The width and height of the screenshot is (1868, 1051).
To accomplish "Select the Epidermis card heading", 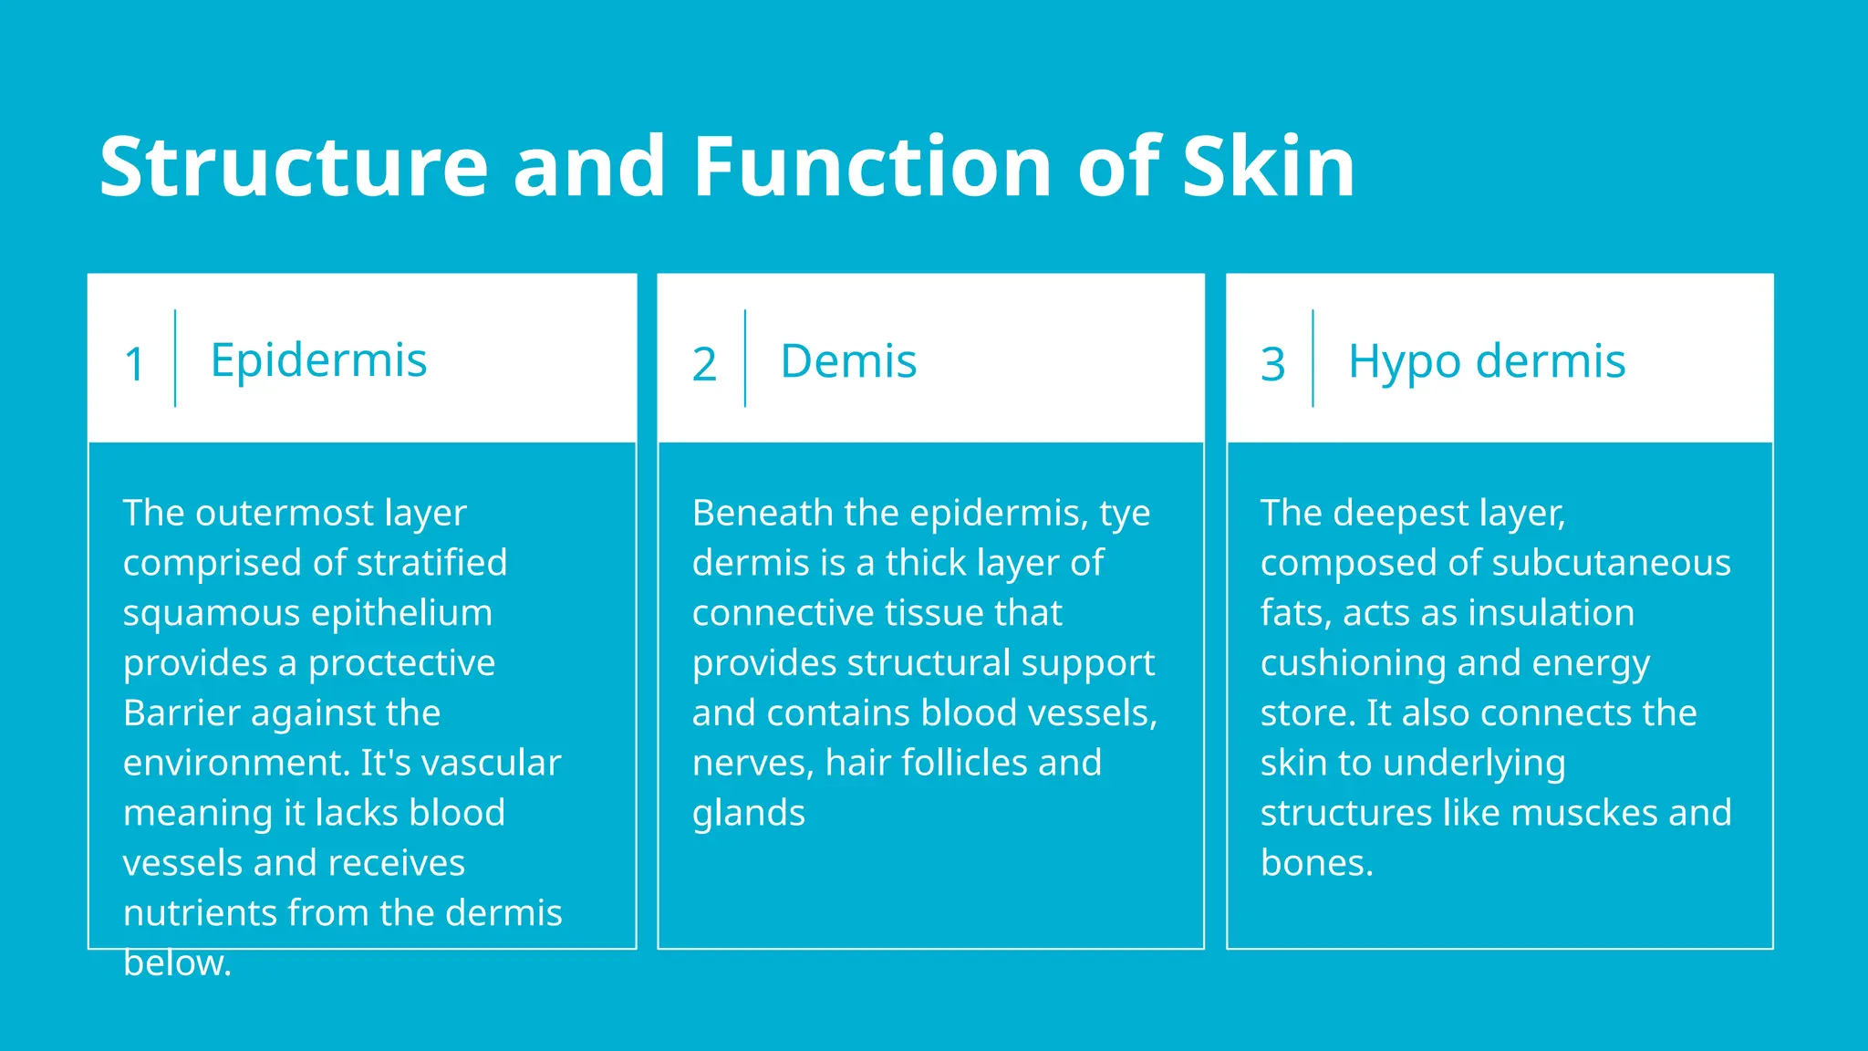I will [318, 359].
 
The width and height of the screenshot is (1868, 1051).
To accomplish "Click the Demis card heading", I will [848, 361].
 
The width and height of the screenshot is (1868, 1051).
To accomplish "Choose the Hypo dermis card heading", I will [1487, 361].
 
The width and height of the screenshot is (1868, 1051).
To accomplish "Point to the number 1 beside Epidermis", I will [134, 364].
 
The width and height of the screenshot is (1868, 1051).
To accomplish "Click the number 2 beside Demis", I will [703, 364].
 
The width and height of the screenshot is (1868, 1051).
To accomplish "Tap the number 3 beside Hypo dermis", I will [1272, 364].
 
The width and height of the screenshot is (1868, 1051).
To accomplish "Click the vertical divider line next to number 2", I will [745, 359].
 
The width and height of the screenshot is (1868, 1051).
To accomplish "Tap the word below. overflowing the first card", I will [177, 963].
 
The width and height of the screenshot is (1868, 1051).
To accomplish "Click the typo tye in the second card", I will [1125, 514].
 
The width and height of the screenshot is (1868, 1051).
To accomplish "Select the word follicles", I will [971, 763].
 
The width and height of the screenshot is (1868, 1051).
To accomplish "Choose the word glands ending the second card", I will [748, 814].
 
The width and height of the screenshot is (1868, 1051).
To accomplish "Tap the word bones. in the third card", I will [1316, 863].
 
